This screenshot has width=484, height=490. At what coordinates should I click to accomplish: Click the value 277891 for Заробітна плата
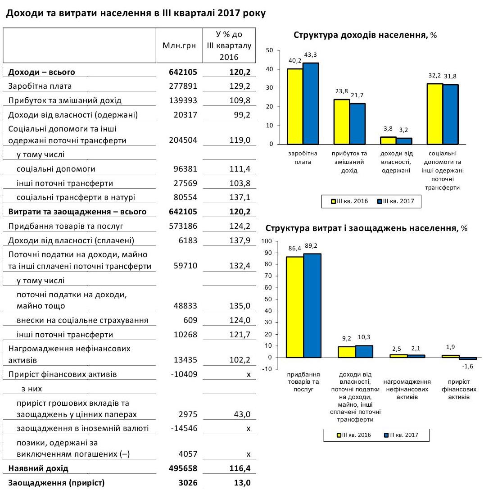pos(185,86)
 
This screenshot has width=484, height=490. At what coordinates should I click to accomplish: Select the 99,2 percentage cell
pos(240,115)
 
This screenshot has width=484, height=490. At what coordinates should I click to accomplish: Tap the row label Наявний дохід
pos(38,468)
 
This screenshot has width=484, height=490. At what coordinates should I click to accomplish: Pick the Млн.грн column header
pos(179,45)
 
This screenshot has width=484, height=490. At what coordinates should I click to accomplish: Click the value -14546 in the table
pos(184,428)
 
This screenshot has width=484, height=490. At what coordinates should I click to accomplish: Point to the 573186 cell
pos(185,226)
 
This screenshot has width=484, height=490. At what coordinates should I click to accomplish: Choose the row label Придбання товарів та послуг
pos(66,226)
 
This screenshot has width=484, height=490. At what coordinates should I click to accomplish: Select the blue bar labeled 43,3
pos(310,104)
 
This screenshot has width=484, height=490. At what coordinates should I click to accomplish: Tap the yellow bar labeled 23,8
pos(342,122)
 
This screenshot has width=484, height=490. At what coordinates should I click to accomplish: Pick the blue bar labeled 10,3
pos(364,351)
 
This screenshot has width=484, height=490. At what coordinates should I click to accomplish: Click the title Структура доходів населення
pos(362,35)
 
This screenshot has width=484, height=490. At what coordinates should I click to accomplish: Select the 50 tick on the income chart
pos(270,50)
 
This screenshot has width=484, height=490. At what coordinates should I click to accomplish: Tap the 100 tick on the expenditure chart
pos(267,241)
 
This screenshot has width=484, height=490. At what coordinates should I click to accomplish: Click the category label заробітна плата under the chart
pos(303,157)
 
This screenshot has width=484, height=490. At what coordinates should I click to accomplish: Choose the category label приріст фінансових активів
pos(459,386)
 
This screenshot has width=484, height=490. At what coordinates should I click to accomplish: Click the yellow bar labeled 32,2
pos(435,114)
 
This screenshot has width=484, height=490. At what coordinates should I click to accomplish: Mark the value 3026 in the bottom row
pos(188,483)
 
